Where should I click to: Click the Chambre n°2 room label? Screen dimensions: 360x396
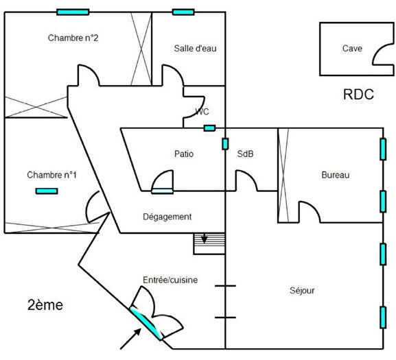point(73,38)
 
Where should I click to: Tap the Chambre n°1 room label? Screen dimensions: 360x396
point(51,175)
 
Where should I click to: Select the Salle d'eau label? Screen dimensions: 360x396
point(195,48)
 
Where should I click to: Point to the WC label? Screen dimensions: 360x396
point(202,112)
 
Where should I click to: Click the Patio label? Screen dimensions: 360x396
point(184,154)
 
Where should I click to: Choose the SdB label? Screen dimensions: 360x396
point(245,154)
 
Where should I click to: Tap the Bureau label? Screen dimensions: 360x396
point(336,176)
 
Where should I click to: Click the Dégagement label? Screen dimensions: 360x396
point(167,217)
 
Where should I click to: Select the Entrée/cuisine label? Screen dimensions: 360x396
point(170,279)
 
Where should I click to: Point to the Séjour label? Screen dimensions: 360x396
point(302,291)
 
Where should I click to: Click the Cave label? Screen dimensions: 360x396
point(352,49)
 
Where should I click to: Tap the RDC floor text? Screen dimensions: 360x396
point(358,95)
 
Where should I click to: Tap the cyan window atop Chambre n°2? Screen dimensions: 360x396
point(72,12)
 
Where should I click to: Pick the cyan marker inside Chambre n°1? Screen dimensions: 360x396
point(47,191)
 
